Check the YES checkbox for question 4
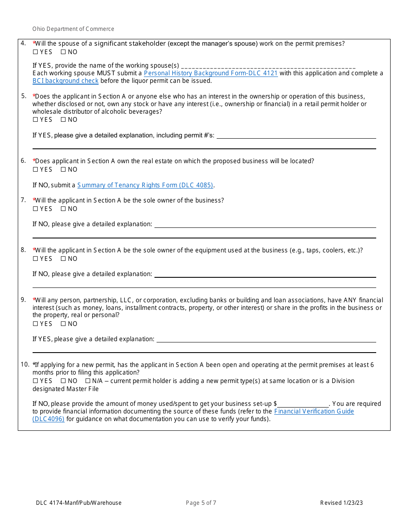click(35, 52)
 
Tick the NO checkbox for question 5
click(63, 120)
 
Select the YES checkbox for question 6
click(35, 170)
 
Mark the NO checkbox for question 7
click(63, 209)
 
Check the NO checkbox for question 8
click(63, 259)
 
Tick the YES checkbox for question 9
click(35, 324)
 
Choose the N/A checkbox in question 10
click(88, 381)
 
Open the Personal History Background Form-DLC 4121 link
click(211, 73)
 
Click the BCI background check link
click(66, 81)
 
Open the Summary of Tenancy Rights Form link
click(145, 185)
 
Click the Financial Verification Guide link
click(314, 411)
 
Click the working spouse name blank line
click(268, 66)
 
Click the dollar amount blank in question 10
click(303, 404)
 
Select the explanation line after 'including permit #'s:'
click(296, 136)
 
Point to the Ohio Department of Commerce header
click(73, 29)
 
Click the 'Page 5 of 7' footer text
click(201, 503)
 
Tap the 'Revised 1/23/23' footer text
click(341, 503)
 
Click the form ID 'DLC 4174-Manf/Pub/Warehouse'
click(79, 503)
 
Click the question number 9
click(23, 300)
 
